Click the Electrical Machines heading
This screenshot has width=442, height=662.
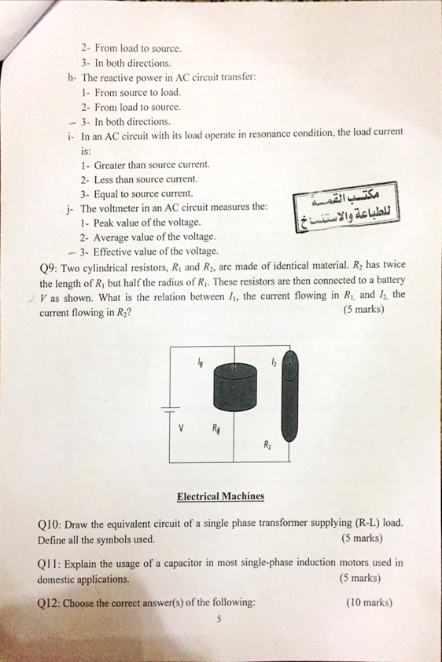click(x=220, y=496)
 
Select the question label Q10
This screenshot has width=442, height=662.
click(x=50, y=524)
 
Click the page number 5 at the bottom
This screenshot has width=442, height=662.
click(x=220, y=620)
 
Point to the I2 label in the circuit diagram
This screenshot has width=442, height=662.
click(x=272, y=362)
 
